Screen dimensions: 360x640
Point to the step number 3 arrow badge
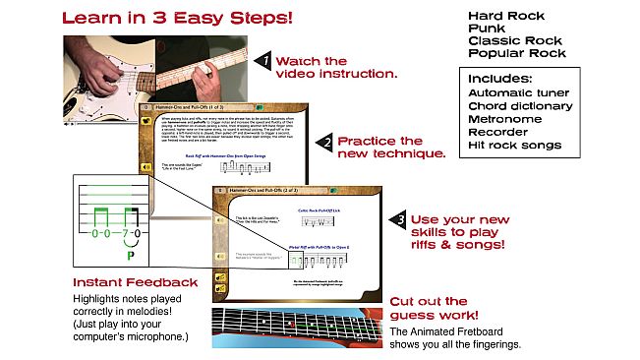tap(398, 218)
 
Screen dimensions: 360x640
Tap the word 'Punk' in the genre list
tap(487, 30)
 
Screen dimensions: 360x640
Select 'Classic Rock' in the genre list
tap(512, 42)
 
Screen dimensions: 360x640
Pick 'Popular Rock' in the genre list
tap(514, 55)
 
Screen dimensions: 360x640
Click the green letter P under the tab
tap(130, 256)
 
